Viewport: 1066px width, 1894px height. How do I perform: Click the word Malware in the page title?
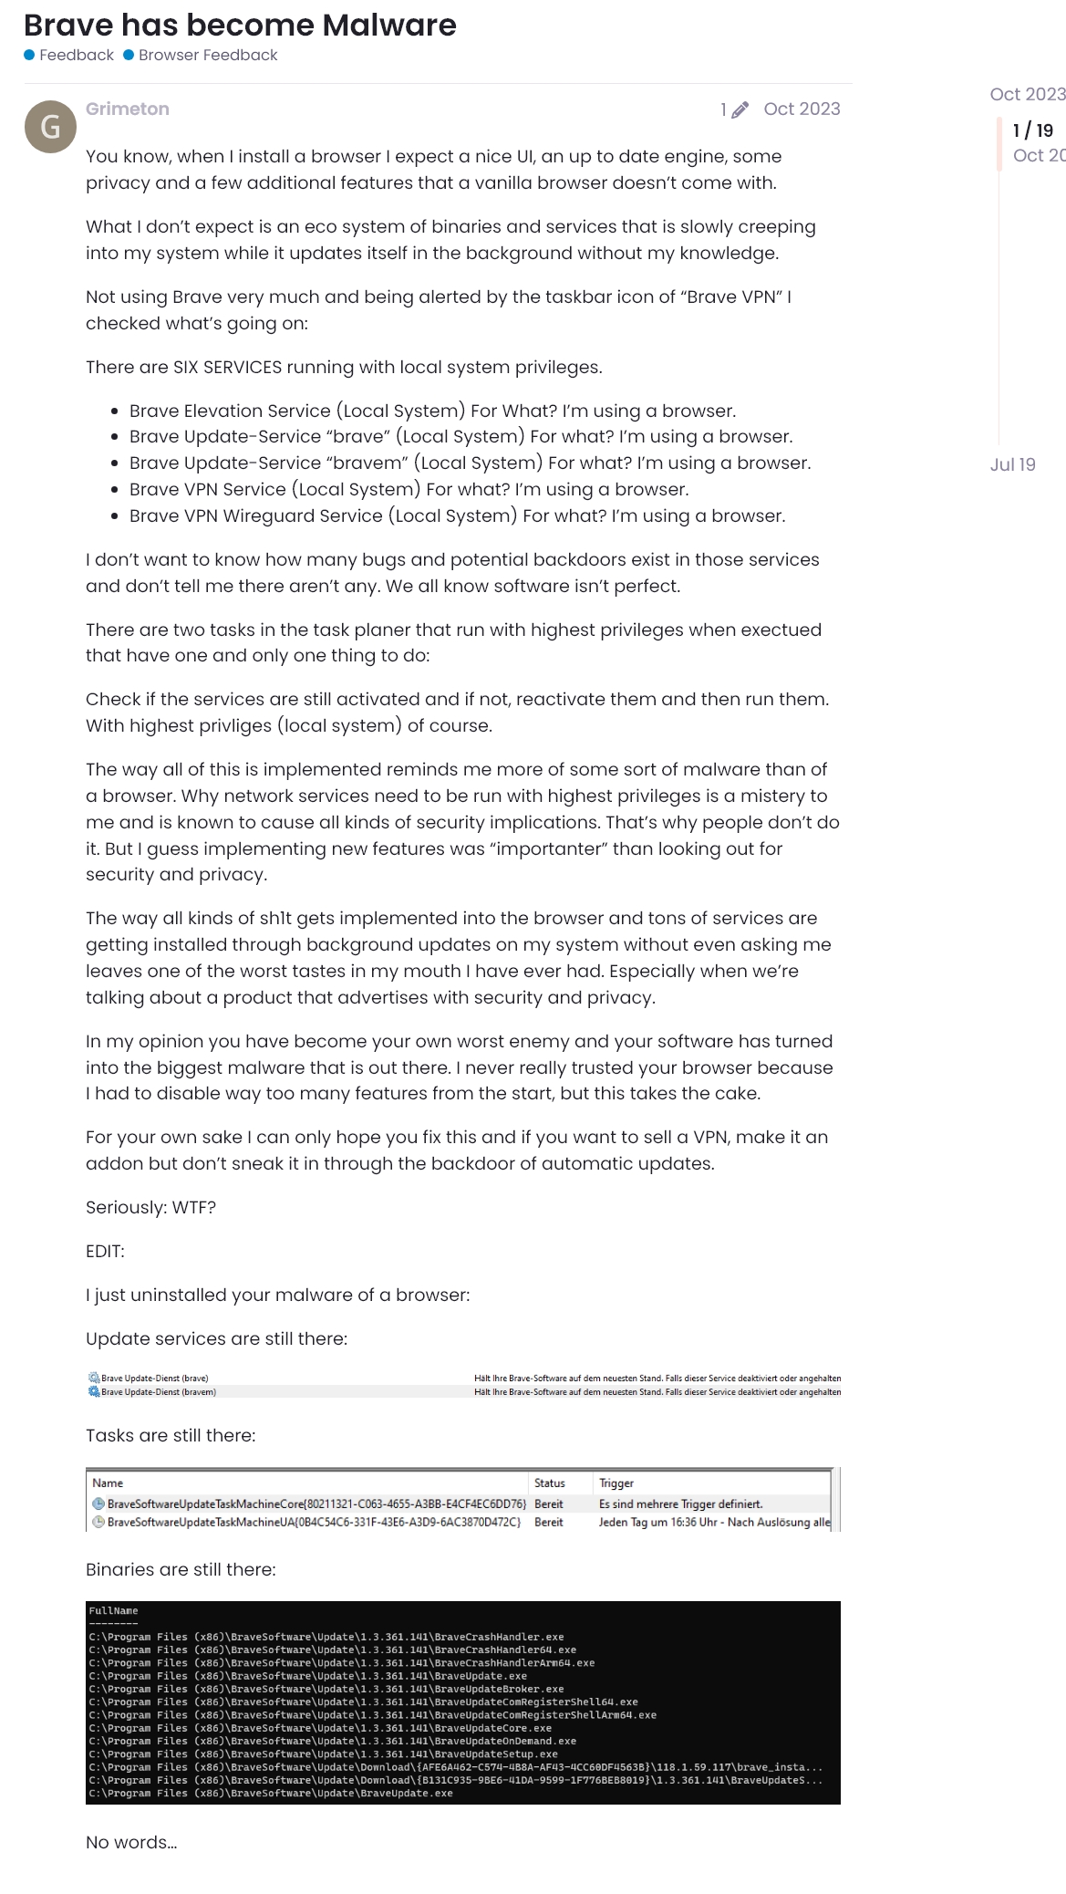[389, 26]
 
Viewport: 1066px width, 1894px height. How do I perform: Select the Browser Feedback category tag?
[207, 55]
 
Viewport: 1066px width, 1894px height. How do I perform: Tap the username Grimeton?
[128, 109]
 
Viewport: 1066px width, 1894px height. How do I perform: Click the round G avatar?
[50, 126]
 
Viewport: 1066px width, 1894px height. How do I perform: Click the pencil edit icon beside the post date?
[740, 110]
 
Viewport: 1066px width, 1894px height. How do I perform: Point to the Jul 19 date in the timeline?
[1012, 464]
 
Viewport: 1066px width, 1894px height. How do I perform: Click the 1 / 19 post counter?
[1032, 130]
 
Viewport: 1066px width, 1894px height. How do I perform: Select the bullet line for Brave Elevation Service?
[432, 411]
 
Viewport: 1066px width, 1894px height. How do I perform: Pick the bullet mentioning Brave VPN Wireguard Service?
[457, 515]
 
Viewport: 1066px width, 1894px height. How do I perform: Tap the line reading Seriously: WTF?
[150, 1207]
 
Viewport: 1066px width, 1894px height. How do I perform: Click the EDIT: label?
[105, 1251]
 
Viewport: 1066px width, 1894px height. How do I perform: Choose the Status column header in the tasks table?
[549, 1483]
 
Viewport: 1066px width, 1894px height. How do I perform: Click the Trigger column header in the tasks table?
[616, 1483]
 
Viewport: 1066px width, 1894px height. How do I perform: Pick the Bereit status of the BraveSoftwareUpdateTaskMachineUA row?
[548, 1522]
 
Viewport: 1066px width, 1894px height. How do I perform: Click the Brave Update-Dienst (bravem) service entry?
[159, 1392]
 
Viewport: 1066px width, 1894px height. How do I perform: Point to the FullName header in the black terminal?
[114, 1611]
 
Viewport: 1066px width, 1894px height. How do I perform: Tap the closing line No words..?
[131, 1842]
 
